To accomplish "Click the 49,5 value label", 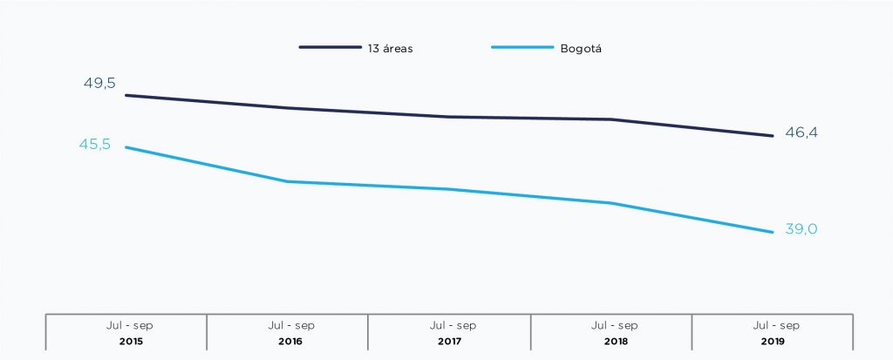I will [x=99, y=84].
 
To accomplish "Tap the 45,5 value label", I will [x=95, y=145].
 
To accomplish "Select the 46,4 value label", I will [x=801, y=132].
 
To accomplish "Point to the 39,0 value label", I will [x=801, y=229].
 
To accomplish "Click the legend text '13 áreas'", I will [x=390, y=49].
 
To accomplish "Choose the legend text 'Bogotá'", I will [x=582, y=49].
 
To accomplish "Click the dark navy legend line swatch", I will [x=331, y=48].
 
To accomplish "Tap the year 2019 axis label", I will [x=772, y=341].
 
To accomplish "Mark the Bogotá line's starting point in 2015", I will [x=126, y=147].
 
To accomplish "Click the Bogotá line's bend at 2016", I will [x=287, y=181].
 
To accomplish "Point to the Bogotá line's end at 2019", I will [x=772, y=232].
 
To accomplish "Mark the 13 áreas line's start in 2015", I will [x=126, y=95].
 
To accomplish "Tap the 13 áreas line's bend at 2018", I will [x=610, y=119].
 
